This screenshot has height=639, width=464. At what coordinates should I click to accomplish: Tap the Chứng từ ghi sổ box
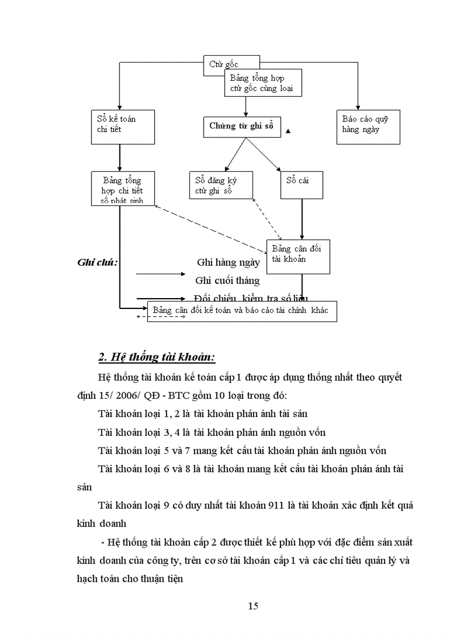click(242, 126)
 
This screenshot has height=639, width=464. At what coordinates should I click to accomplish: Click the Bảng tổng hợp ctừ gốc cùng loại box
click(263, 83)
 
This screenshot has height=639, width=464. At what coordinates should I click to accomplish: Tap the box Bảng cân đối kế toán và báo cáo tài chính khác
click(241, 311)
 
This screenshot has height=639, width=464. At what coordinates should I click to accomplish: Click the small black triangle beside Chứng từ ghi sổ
click(288, 131)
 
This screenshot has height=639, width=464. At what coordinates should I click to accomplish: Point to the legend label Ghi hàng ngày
click(228, 262)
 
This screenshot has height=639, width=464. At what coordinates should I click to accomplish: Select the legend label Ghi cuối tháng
click(227, 280)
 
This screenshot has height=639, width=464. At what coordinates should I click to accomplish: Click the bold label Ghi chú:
click(97, 262)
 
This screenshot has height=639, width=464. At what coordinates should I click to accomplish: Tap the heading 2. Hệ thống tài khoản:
click(156, 357)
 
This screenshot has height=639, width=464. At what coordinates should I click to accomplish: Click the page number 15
click(254, 605)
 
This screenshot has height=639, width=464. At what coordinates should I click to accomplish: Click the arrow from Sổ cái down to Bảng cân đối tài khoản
click(302, 219)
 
